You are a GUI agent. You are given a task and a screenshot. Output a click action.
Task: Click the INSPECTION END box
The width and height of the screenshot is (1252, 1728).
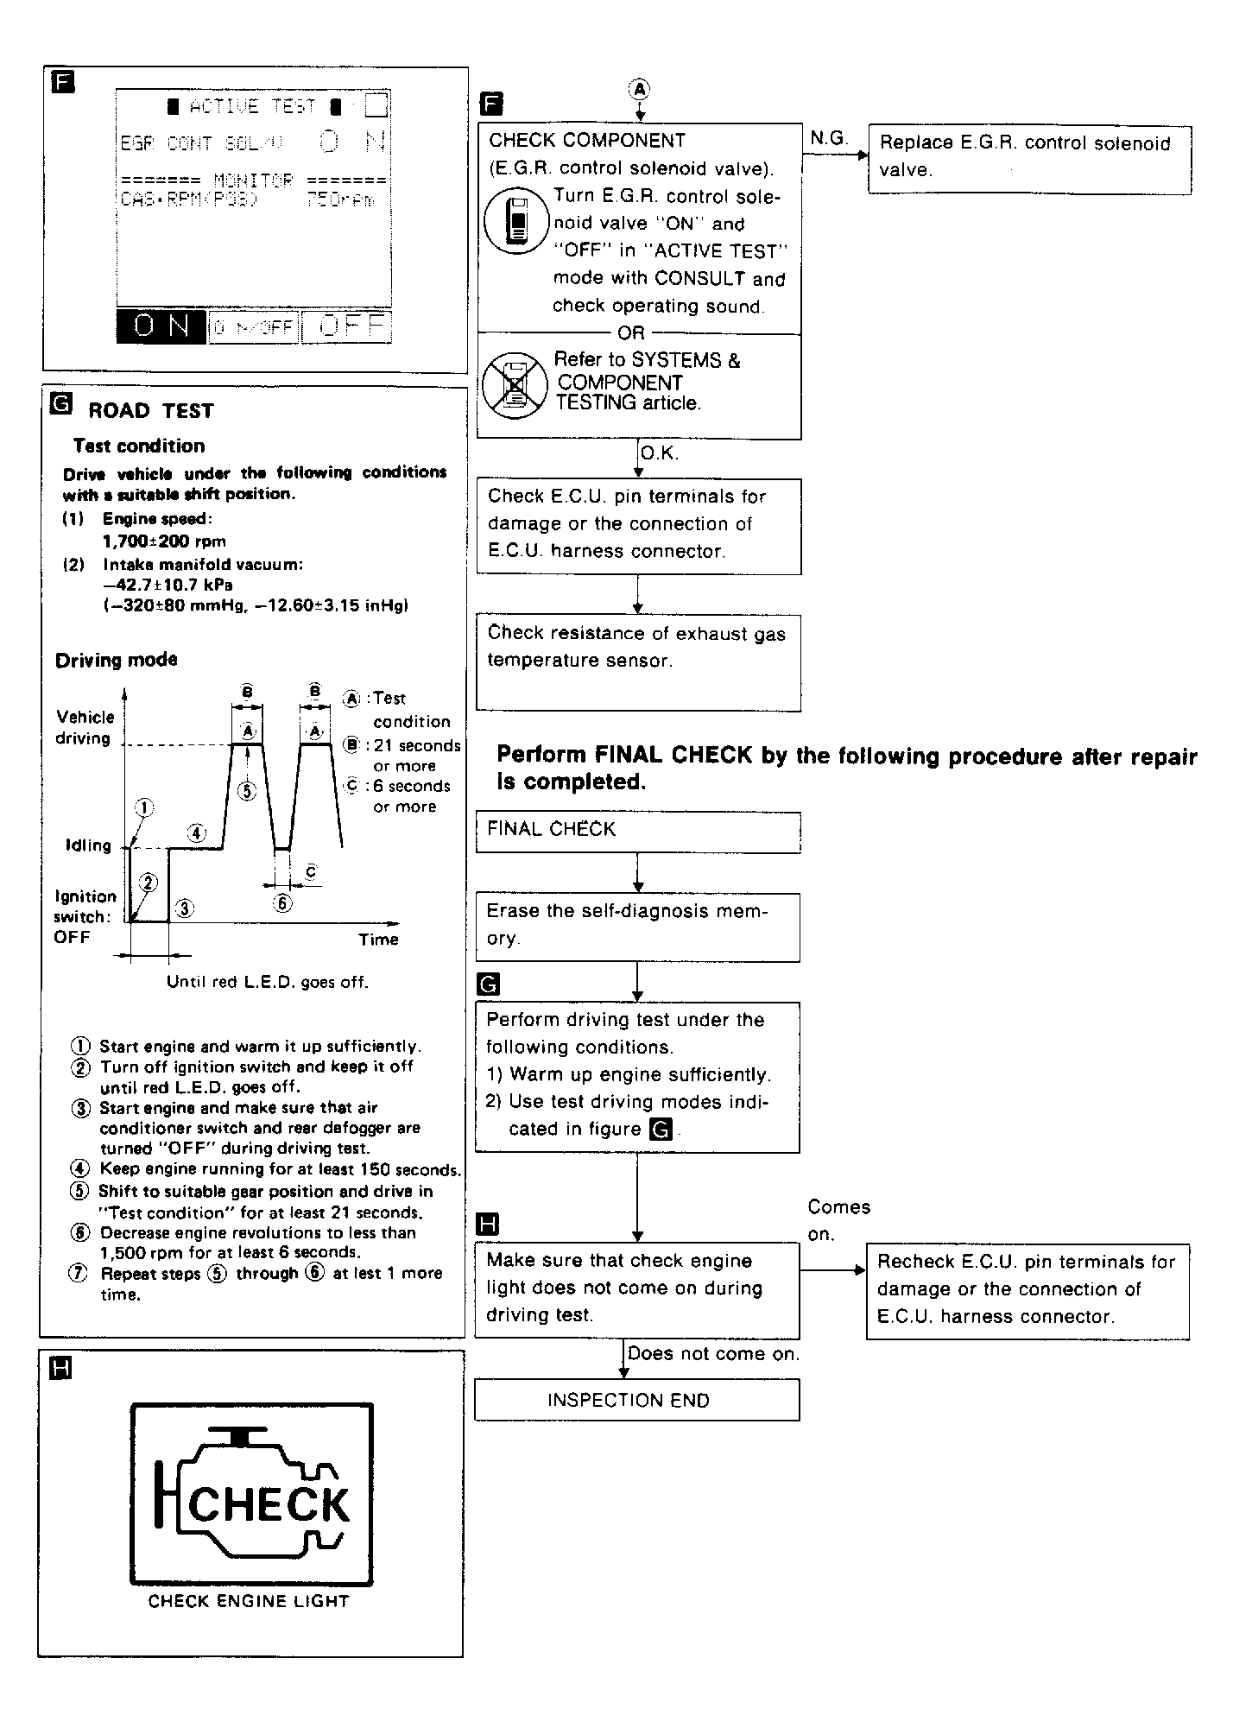click(636, 1400)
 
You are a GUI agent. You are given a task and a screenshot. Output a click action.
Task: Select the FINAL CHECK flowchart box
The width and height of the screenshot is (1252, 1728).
click(637, 831)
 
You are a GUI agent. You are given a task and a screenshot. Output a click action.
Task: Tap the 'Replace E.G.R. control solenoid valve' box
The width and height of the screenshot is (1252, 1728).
click(1028, 158)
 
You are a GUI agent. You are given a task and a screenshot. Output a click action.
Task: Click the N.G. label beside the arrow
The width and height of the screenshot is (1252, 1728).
click(829, 138)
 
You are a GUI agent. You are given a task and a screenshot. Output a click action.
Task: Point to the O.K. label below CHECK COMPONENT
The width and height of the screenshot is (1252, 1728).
click(660, 453)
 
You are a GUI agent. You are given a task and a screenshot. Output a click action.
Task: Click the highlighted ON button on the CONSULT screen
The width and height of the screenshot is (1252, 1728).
click(161, 327)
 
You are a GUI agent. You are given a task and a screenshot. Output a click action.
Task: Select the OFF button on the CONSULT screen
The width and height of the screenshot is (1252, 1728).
click(347, 326)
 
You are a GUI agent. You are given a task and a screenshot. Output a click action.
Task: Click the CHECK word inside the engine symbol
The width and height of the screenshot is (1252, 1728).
click(269, 1505)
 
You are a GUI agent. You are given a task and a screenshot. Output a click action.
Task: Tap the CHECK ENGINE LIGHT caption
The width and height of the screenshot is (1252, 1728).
click(249, 1602)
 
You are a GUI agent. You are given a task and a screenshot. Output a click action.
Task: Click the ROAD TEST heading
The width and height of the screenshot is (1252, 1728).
click(150, 411)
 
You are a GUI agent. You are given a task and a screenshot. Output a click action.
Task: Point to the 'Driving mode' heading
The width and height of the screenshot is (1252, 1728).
click(117, 660)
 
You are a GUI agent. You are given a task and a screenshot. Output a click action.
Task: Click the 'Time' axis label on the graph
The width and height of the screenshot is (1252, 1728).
click(378, 940)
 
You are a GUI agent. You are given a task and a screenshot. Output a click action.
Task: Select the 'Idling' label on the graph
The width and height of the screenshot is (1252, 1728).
click(88, 845)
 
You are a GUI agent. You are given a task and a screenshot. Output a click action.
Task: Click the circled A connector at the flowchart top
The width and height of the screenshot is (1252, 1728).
click(640, 88)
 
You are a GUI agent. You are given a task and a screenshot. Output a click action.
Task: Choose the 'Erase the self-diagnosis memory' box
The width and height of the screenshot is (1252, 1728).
click(637, 927)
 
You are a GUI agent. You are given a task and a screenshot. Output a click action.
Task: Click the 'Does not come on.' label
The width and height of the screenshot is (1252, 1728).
click(713, 1354)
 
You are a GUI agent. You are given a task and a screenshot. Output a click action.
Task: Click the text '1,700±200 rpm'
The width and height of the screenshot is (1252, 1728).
click(164, 541)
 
